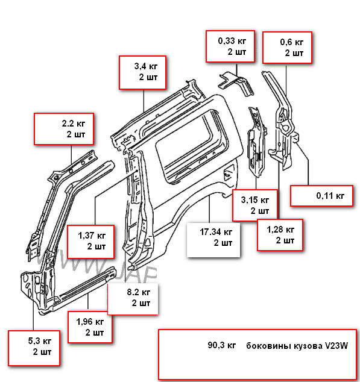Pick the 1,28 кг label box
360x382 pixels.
(x=280, y=234)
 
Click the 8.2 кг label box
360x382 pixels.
(x=133, y=298)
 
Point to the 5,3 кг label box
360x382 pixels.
(x=34, y=346)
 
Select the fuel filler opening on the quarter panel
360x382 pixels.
(x=227, y=175)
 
